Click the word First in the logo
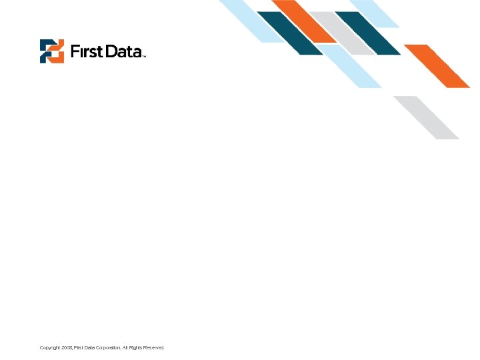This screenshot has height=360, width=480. click(x=86, y=51)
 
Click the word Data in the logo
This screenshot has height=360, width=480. click(x=121, y=51)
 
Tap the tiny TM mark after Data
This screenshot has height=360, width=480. click(x=143, y=56)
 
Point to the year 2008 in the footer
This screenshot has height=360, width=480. click(x=67, y=348)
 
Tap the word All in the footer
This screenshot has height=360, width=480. click(x=125, y=348)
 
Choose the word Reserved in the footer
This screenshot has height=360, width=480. click(x=153, y=348)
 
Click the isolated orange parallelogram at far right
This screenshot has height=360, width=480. click(x=437, y=65)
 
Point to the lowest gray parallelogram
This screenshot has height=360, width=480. click(x=425, y=117)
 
